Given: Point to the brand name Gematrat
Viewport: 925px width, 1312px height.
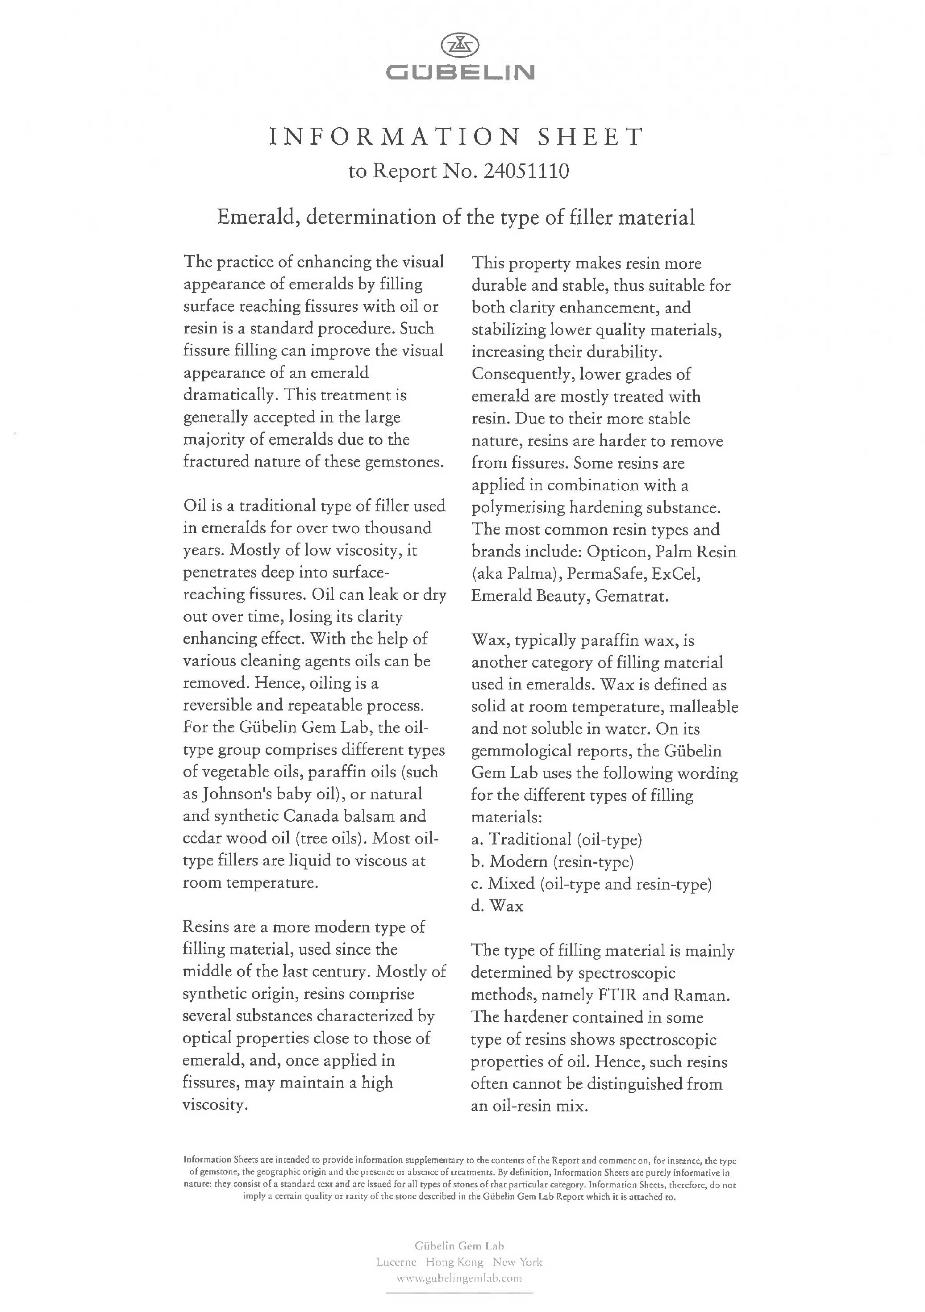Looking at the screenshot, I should [631, 596].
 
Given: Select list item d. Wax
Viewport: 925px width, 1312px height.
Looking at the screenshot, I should [497, 906].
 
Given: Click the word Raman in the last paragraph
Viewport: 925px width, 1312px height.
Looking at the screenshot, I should [700, 995].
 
